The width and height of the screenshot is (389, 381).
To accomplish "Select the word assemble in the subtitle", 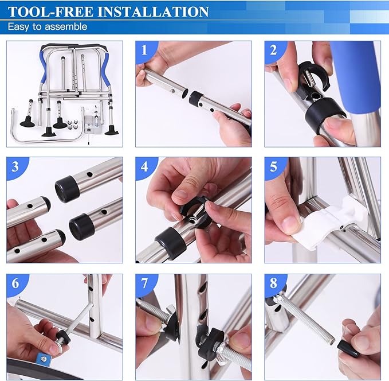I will click(68, 26).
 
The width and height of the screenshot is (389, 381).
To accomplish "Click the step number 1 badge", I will click(144, 50).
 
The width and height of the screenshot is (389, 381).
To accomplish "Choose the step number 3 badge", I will click(15, 167).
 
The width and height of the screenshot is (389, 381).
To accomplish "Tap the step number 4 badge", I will click(144, 167).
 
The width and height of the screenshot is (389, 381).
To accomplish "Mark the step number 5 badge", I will click(274, 167).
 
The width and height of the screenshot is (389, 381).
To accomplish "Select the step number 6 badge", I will click(15, 283).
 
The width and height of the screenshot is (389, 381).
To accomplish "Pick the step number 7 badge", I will click(144, 283).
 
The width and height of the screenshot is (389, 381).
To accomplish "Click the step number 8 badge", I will click(274, 283).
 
